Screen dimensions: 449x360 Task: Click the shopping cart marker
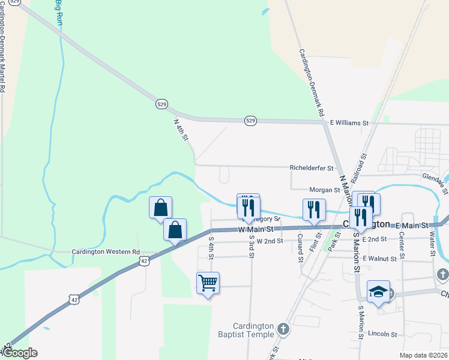point(208,283)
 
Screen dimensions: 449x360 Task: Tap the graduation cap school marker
point(378,292)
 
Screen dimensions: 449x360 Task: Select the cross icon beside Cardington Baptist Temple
point(283,329)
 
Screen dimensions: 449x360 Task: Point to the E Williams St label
point(349,123)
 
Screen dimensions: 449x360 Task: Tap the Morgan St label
point(325,190)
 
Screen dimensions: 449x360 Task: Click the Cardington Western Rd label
point(106,252)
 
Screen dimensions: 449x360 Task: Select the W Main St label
point(256,229)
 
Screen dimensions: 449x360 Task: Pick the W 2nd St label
point(270,241)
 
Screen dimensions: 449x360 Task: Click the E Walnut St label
point(379,259)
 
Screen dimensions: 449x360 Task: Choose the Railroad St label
point(361,168)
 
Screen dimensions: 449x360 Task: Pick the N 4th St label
point(181,130)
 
